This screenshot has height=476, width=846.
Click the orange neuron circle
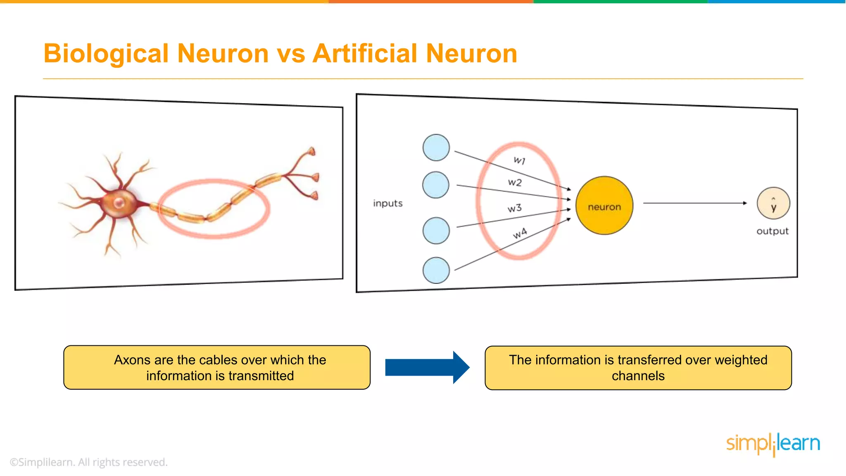[x=604, y=206]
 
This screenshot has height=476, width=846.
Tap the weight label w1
[x=519, y=160]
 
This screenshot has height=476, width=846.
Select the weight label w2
[x=515, y=182]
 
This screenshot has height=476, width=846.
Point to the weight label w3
[x=515, y=208]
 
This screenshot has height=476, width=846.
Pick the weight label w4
[x=520, y=233]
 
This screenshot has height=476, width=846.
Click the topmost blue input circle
[x=436, y=148]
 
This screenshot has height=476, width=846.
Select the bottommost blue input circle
[x=436, y=270]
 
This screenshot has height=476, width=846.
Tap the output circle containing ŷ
[x=773, y=203]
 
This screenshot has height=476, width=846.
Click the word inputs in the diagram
[x=387, y=203]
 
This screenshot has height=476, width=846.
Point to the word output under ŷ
[x=772, y=231]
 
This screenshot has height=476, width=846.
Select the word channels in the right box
[x=638, y=376]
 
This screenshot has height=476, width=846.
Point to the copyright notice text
[x=88, y=462]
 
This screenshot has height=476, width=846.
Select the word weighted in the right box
[x=741, y=360]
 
